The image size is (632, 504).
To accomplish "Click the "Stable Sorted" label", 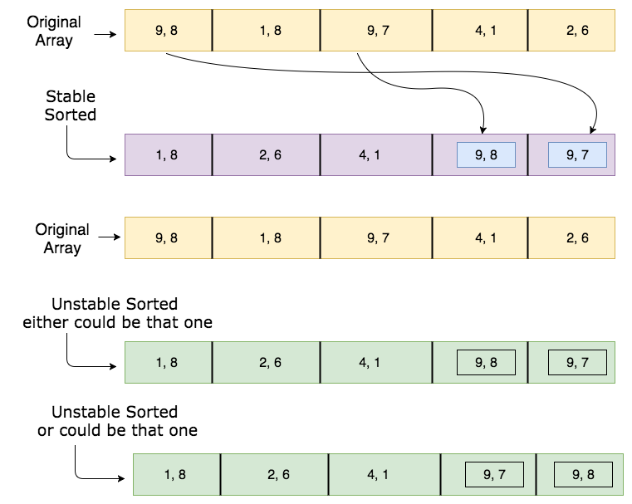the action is [x=70, y=105].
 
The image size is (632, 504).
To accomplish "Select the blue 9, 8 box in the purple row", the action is [x=486, y=154].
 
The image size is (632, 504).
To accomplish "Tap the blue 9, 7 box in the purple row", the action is [x=577, y=154].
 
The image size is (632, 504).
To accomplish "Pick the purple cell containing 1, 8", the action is [x=169, y=154].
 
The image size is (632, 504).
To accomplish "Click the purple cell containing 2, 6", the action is [x=266, y=154].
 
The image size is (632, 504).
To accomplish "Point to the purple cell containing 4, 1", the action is [x=376, y=154].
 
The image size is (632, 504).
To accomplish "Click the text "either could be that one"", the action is [x=118, y=322].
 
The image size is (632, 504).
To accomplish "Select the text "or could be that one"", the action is [x=118, y=430].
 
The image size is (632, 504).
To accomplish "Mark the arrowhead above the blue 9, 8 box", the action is [x=483, y=130].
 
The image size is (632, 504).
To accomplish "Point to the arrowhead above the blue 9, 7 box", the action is [x=592, y=130].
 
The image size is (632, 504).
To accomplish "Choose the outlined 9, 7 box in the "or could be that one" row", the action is [x=495, y=475].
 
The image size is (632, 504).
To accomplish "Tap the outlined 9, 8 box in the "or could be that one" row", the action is [x=583, y=475].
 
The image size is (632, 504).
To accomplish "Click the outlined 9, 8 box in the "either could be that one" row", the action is [x=486, y=362].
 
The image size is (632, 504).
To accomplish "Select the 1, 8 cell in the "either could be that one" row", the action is [x=169, y=362].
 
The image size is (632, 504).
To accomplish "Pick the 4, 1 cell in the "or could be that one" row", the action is [x=385, y=475].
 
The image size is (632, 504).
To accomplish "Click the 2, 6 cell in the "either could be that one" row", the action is [x=266, y=362].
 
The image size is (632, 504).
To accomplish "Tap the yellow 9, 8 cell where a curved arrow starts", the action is [x=169, y=31].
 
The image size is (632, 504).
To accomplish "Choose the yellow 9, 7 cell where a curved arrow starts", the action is [x=376, y=31].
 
